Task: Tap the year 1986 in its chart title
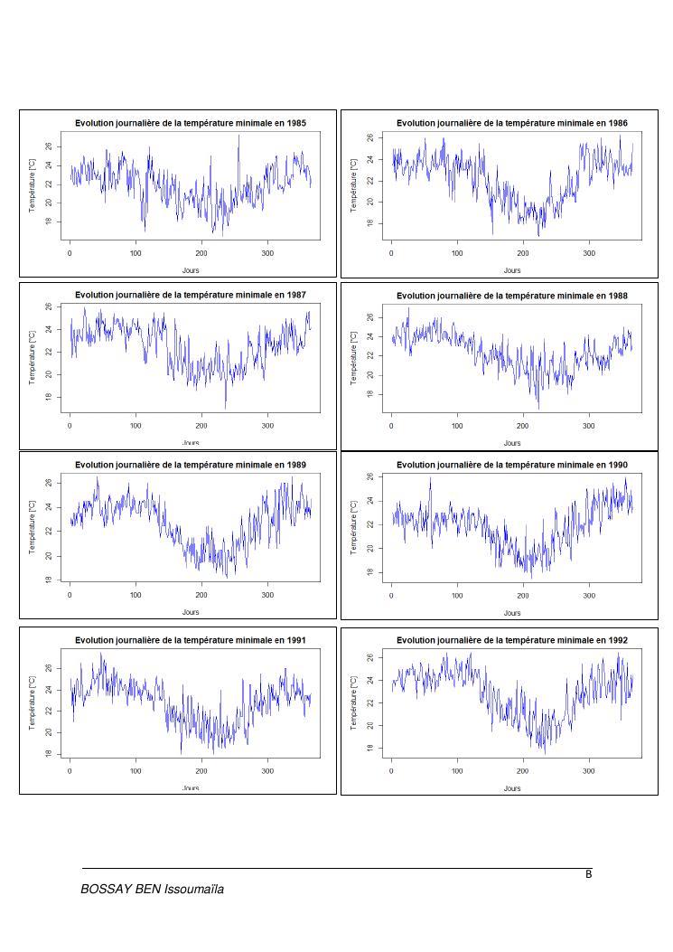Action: tap(615, 122)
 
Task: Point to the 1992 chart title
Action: tap(511, 639)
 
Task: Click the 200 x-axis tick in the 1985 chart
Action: tap(201, 253)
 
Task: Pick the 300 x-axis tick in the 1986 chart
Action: tap(589, 253)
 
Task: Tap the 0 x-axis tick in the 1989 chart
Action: tap(70, 596)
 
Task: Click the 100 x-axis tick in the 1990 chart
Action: tap(457, 596)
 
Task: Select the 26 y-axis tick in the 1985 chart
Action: tap(51, 146)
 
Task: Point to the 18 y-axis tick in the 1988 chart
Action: tap(373, 394)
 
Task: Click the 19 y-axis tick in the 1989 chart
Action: tap(51, 579)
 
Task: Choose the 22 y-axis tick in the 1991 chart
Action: tap(51, 711)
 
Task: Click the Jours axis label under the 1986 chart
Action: tap(512, 269)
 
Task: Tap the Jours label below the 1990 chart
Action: tap(512, 612)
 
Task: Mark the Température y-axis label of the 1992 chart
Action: tap(354, 700)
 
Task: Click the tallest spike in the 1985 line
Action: tap(238, 136)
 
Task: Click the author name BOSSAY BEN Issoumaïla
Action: tap(152, 890)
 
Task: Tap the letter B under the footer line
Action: tap(588, 874)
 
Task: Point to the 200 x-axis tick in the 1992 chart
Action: tap(523, 770)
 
